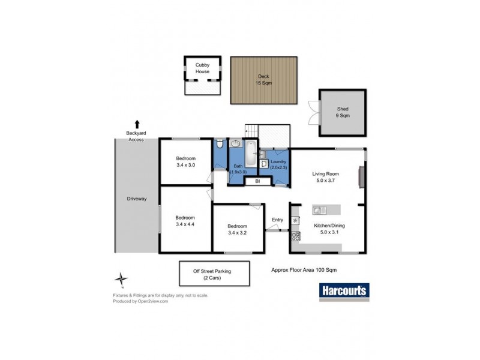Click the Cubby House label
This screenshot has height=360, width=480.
pos(202,68)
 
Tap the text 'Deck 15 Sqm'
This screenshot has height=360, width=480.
pos(264,80)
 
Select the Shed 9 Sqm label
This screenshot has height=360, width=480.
pos(343,112)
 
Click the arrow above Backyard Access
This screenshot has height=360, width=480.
pos(137,122)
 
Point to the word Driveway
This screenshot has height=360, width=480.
pos(137,199)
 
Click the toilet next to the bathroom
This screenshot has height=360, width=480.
pos(220,145)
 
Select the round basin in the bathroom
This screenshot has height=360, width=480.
pos(236,144)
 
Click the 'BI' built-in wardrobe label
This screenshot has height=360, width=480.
pos(257,181)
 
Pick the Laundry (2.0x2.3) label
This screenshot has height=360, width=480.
pos(277,165)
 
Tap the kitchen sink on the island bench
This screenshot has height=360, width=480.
pos(319,210)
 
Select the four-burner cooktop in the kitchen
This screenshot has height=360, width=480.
pos(295,236)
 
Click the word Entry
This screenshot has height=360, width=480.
pos(277,220)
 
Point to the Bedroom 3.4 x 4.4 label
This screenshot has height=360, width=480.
pos(185,221)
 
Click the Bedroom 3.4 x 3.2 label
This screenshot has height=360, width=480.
pos(237,229)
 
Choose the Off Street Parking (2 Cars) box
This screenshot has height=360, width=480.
pos(212,274)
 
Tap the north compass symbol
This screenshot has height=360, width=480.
pos(122,280)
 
